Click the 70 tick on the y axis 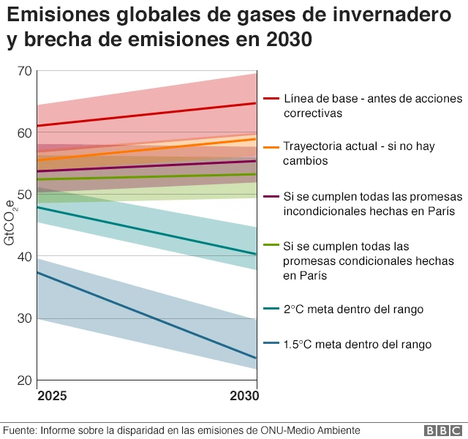[25, 71]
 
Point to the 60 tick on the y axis [25, 132]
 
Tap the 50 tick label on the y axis [25, 195]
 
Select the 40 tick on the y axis [25, 257]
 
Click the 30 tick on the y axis [25, 318]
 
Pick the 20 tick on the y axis [25, 380]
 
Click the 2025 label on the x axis [52, 396]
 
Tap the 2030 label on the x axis [243, 396]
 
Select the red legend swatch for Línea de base [271, 99]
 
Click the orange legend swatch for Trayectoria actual [271, 147]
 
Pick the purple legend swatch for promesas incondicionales [271, 197]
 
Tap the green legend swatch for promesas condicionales [271, 246]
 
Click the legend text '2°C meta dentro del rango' [353, 309]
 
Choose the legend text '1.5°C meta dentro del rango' [358, 344]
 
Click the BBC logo [441, 430]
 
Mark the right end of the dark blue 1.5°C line [256, 358]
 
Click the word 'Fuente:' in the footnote [20, 430]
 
